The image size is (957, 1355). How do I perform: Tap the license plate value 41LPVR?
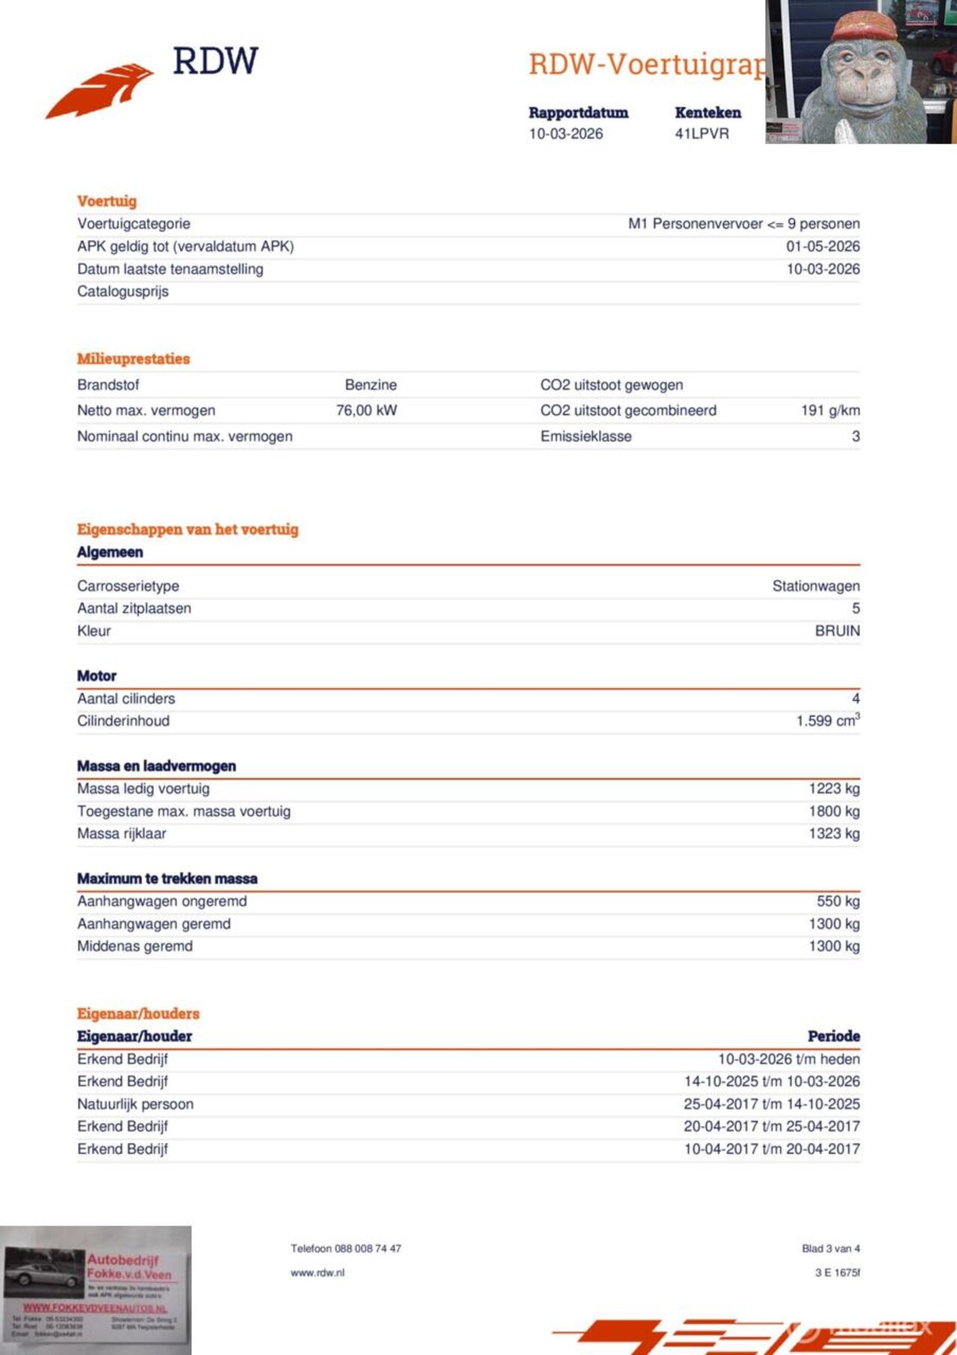point(701,134)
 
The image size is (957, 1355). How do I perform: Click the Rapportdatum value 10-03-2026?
point(565,134)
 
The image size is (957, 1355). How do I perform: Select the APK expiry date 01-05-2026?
point(822,246)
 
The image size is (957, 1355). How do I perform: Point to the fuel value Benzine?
point(371,385)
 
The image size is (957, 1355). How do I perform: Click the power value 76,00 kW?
point(366,411)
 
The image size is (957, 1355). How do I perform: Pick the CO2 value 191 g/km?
point(830,411)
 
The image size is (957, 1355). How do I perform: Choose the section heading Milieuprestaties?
point(133,359)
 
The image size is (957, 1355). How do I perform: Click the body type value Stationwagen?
point(816,586)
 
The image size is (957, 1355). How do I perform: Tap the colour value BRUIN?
point(837,631)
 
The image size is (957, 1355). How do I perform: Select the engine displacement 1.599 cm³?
point(828,721)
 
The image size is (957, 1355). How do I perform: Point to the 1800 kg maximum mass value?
point(834,811)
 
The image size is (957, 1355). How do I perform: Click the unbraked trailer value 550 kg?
point(838,901)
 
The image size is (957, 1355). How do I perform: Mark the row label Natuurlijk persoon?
point(135,1104)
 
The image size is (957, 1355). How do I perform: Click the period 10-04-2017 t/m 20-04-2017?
point(772,1149)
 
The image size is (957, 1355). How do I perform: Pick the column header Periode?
point(834,1036)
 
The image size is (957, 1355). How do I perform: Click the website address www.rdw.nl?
point(318,1273)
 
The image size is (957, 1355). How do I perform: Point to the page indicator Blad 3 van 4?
point(831,1249)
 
